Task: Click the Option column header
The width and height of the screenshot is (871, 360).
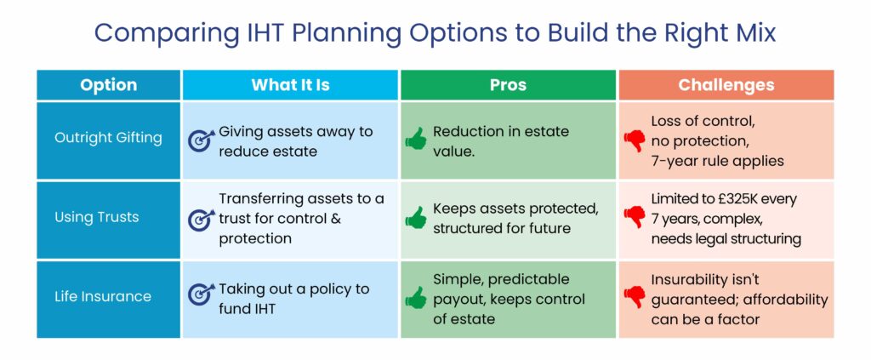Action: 108,85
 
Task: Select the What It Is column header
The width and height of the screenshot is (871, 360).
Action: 290,85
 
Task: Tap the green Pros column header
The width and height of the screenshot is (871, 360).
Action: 508,85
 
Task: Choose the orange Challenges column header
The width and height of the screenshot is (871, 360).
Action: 726,85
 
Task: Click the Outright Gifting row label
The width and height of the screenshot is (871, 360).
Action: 108,138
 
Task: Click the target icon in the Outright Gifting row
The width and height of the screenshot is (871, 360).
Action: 201,140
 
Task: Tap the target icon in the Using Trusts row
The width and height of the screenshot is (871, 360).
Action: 201,220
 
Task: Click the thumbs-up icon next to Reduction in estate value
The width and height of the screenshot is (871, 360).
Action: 415,140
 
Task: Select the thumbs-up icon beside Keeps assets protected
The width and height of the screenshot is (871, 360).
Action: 415,219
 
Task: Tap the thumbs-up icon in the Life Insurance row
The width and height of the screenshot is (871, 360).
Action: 415,297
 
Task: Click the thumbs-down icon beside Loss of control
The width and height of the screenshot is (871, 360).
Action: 634,141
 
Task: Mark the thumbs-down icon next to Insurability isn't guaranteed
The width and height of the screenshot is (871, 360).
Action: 634,298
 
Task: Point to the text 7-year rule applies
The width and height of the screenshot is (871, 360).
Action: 715,160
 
